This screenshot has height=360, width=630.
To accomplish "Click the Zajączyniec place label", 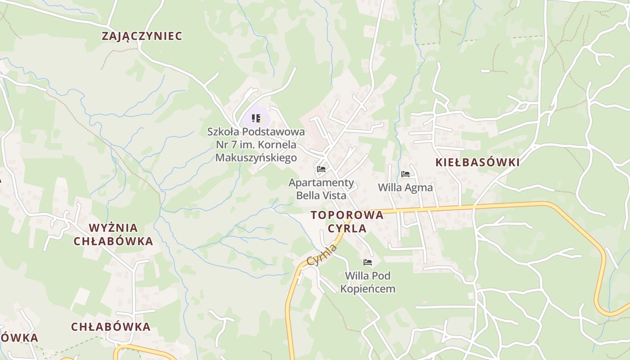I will coord(142,36).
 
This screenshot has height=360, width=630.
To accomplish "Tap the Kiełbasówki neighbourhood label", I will coord(477,162).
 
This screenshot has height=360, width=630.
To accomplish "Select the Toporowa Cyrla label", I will coord(347,221).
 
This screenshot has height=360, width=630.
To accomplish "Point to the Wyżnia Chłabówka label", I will coord(113,234).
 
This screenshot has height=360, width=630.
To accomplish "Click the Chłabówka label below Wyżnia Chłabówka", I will coord(111,327).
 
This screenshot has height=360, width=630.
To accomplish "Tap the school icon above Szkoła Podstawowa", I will coord(256,118).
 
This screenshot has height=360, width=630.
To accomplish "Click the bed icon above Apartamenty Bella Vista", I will coord(321,169).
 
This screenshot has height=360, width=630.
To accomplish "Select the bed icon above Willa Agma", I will coord(405,174).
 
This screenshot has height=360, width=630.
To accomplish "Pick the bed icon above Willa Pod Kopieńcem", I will coord(368,262).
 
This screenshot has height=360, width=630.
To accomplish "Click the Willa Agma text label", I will coord(405,187).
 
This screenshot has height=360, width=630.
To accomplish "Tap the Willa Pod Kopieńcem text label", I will coord(368,282).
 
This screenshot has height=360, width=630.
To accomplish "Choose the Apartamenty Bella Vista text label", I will coord(321,189).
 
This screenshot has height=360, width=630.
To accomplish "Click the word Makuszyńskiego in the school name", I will coord(256,157).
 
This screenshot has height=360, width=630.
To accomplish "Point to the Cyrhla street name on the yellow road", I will coord(322,255).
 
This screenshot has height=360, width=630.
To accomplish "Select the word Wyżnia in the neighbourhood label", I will coord(113,228).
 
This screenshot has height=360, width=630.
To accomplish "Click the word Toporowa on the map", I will coord(347,215).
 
